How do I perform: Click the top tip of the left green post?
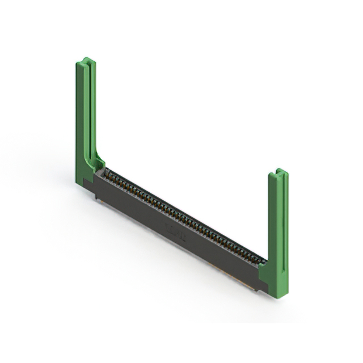[85, 60]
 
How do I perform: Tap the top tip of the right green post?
[278, 170]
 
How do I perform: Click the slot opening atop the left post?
[85, 61]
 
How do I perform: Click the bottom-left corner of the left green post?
[78, 182]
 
